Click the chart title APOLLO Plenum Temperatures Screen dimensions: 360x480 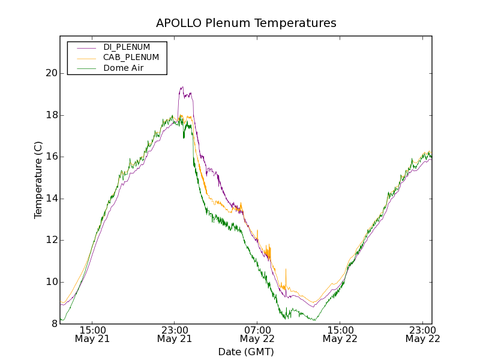[x=246, y=23]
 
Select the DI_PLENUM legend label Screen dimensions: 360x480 [x=127, y=47]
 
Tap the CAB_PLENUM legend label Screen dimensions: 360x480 [x=131, y=58]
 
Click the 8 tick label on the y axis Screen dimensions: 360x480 [x=53, y=324]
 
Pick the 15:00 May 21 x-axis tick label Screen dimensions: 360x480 [x=92, y=334]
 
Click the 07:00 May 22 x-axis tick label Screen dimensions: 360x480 [x=257, y=334]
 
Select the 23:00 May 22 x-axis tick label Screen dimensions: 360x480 [x=423, y=334]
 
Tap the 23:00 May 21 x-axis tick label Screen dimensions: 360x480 [x=175, y=334]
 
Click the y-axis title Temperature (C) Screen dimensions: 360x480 [x=38, y=180]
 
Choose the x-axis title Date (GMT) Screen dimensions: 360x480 [x=246, y=352]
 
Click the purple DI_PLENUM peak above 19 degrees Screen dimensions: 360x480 [x=182, y=88]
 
